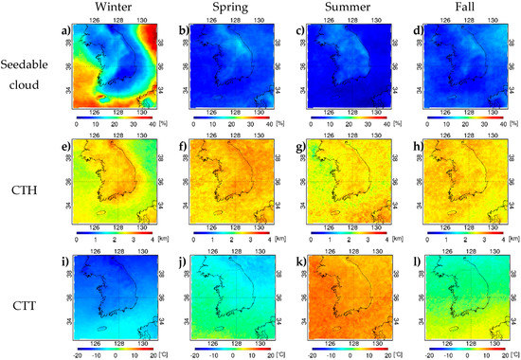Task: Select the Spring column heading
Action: [x=225, y=6]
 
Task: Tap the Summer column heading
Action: [x=340, y=6]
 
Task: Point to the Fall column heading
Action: [x=454, y=6]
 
